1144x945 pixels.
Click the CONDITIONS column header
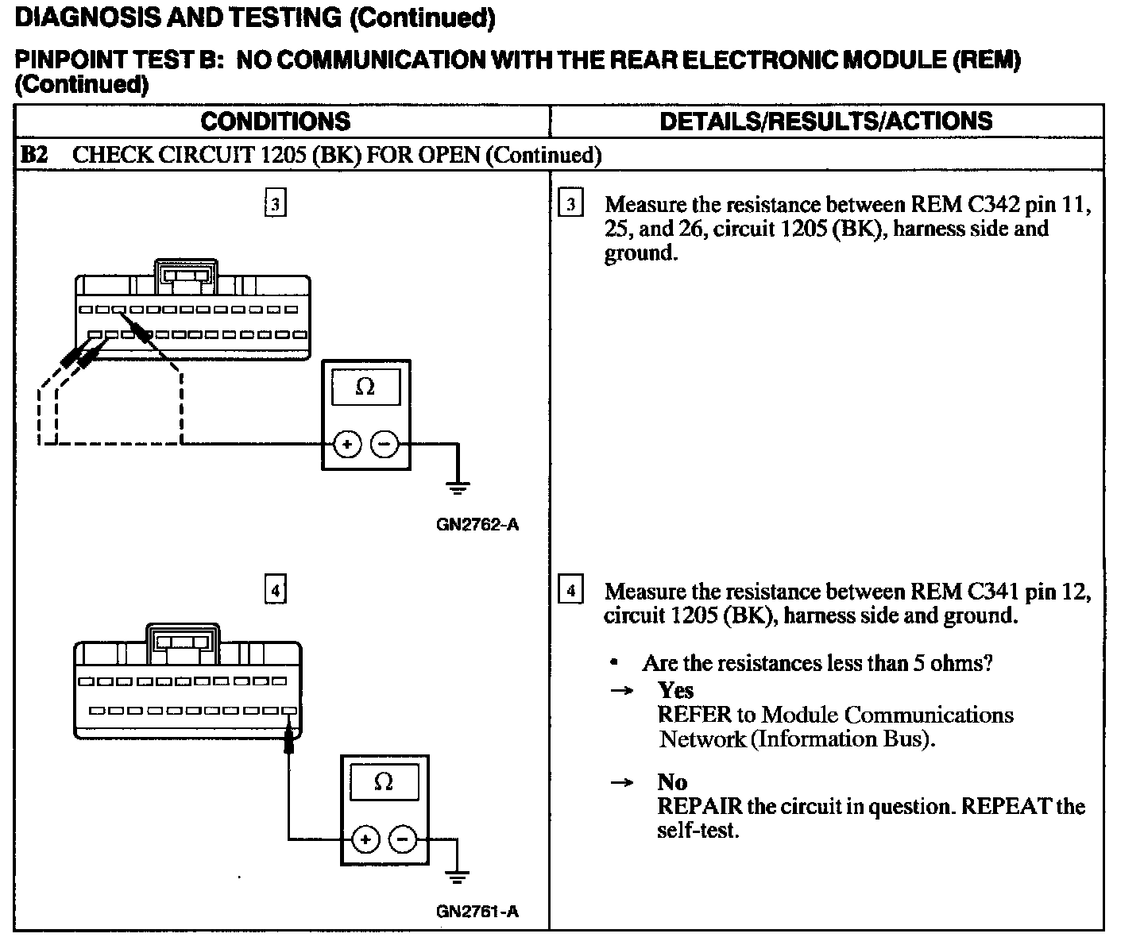tap(275, 121)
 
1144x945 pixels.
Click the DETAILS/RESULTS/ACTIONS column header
tap(825, 121)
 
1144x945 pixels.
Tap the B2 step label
tap(33, 155)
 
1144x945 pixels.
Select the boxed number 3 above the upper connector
tap(275, 204)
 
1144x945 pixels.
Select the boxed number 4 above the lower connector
tap(275, 590)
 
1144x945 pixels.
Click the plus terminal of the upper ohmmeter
tap(347, 445)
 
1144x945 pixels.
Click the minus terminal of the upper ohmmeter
tap(385, 445)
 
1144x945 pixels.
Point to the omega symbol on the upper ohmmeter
tap(365, 388)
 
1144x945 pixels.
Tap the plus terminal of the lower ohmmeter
tap(365, 839)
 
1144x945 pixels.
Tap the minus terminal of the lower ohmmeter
tap(404, 839)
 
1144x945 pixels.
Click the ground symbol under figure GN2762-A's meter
tap(458, 488)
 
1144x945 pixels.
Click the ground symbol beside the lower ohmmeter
tap(457, 877)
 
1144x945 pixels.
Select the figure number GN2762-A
tap(477, 525)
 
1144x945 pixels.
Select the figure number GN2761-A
tap(477, 912)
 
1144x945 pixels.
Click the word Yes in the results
tap(675, 690)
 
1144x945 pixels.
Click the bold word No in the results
tap(672, 782)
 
